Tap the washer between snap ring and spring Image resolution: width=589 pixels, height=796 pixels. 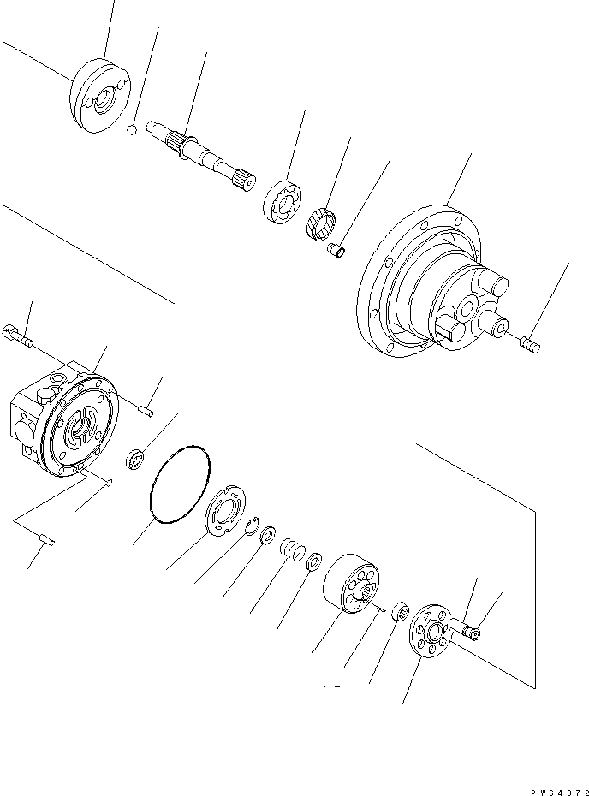point(268,537)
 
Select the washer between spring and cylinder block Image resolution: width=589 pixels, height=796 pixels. point(315,561)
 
